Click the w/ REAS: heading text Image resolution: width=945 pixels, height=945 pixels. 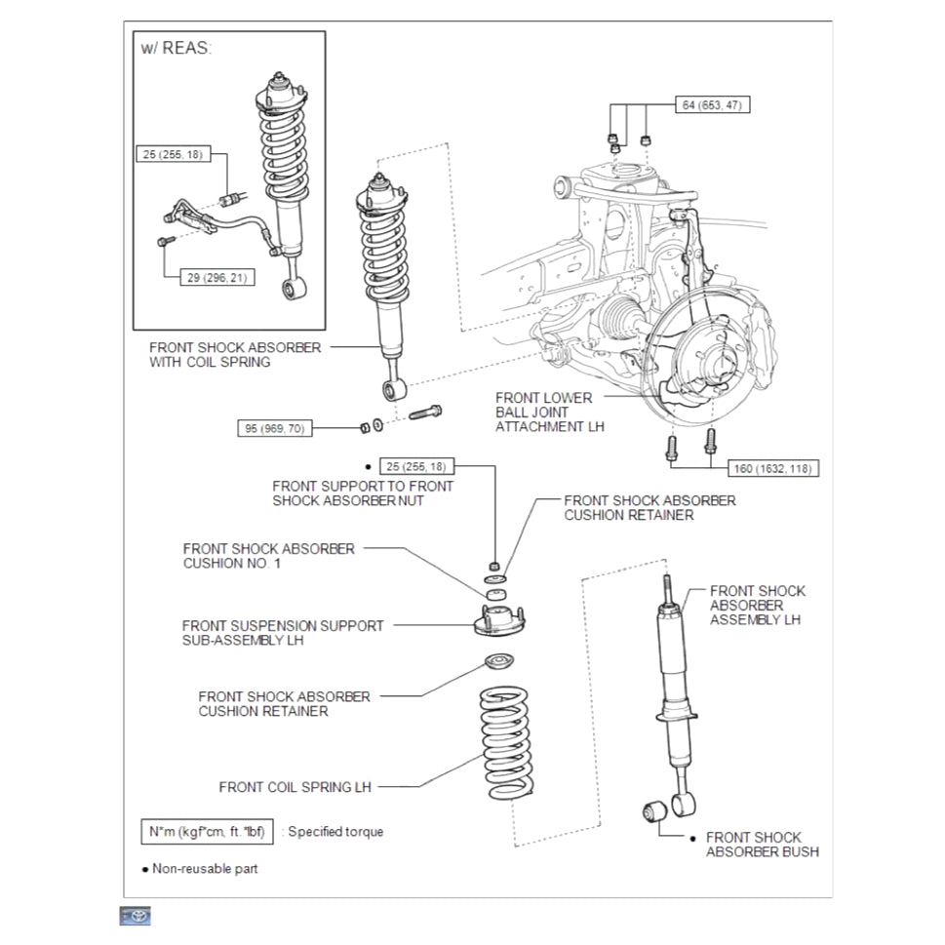[x=176, y=48]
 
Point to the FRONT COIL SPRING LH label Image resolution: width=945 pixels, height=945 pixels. [x=295, y=787]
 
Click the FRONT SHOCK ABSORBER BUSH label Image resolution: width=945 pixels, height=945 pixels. [x=762, y=845]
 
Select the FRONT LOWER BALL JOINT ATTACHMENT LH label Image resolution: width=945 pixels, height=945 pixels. [x=543, y=412]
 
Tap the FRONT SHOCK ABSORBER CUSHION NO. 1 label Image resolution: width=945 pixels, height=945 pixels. [x=268, y=556]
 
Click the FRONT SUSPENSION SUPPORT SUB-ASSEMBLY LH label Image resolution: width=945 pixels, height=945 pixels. [x=283, y=633]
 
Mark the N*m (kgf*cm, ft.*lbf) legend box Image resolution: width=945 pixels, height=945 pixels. [x=207, y=832]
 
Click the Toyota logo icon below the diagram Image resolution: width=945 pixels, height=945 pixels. [x=136, y=916]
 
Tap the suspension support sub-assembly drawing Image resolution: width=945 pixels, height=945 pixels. [x=499, y=621]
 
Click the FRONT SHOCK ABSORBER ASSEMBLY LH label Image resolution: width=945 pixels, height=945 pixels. [x=757, y=605]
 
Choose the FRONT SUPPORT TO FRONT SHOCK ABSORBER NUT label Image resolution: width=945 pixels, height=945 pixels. [x=363, y=492]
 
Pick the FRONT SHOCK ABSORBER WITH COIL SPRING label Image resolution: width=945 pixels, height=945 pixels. [x=234, y=354]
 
